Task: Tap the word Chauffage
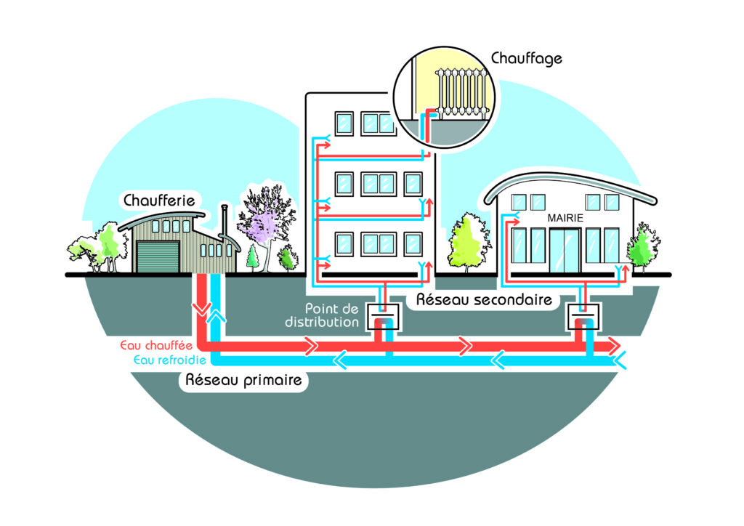527,57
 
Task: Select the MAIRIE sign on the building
566,217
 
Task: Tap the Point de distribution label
331,315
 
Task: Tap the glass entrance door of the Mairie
564,251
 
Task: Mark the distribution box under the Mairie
583,317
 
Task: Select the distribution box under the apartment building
384,317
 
